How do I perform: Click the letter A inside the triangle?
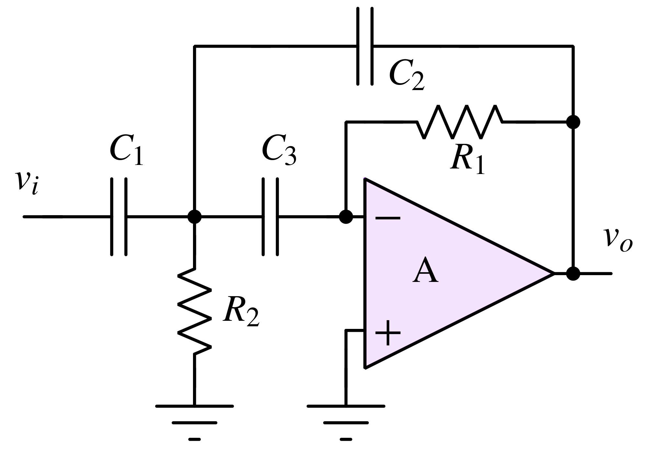point(426,271)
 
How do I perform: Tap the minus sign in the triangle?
point(388,218)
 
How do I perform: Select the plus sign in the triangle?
point(388,332)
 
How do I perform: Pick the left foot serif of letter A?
point(417,283)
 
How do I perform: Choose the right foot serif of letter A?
point(434,283)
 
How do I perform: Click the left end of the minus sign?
point(376,218)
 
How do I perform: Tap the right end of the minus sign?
point(400,218)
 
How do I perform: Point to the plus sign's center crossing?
point(388,332)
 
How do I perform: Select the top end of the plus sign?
point(388,321)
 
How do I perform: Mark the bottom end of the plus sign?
point(388,344)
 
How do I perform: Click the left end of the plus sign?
point(376,332)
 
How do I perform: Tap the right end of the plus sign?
point(400,332)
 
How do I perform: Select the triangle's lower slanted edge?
point(460,321)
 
